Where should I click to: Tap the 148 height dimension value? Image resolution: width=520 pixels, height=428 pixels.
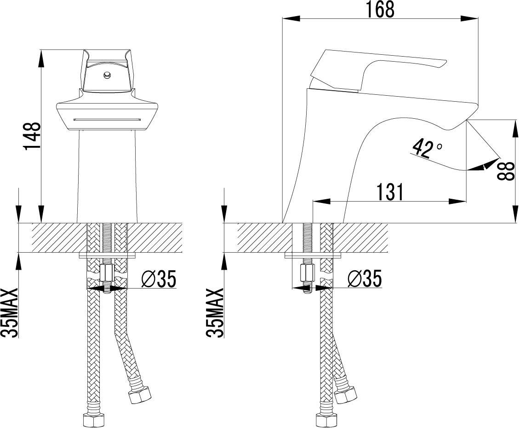click(32, 136)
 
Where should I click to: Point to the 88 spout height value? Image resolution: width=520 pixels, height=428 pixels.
click(506, 171)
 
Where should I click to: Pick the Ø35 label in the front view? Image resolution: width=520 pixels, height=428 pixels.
click(159, 278)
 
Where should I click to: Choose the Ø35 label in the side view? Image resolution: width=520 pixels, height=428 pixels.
click(365, 278)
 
